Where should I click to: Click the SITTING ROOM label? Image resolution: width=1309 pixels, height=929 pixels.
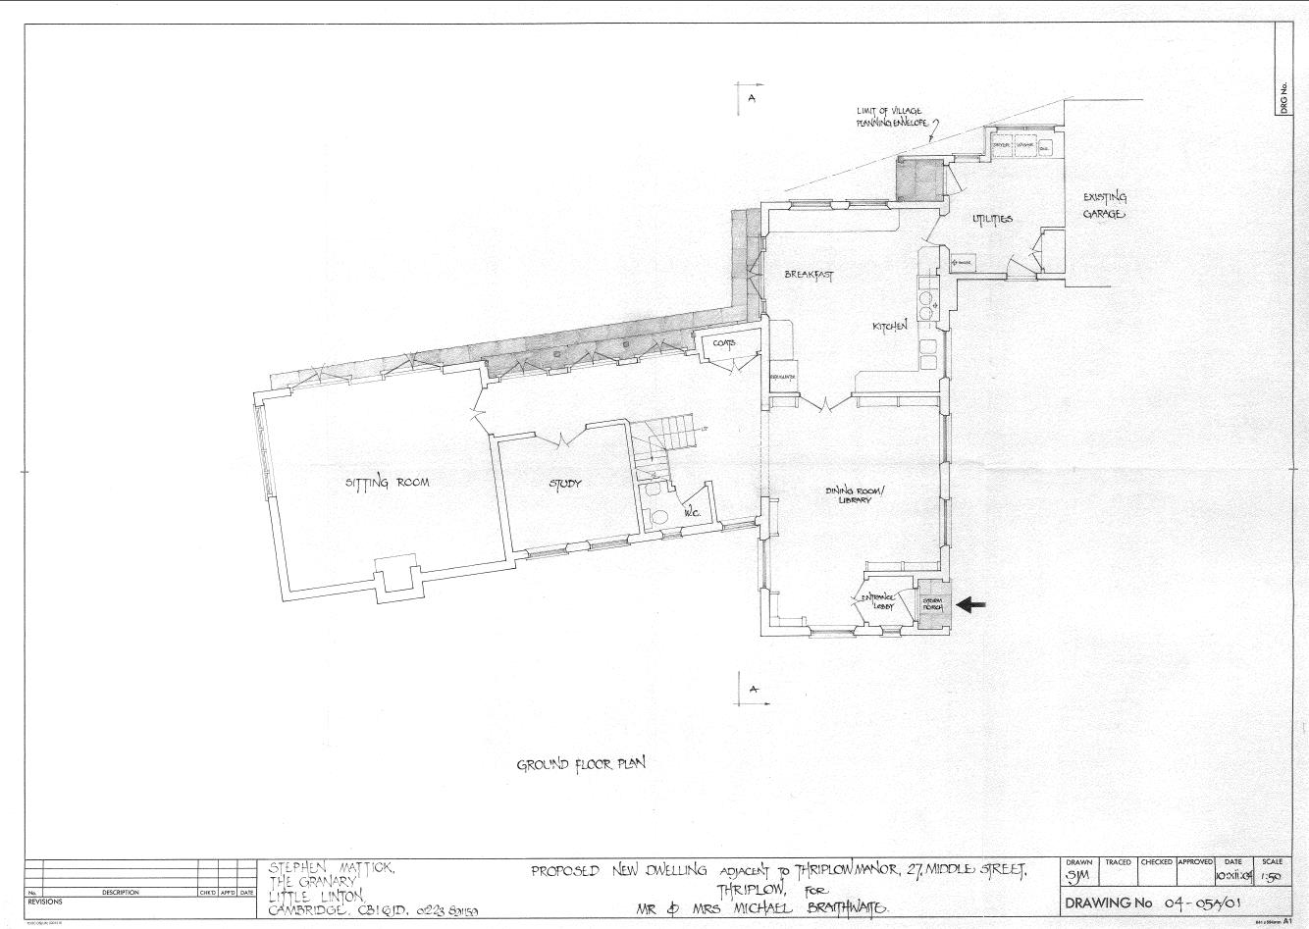pyautogui.click(x=387, y=482)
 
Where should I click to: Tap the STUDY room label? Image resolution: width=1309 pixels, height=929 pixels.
pyautogui.click(x=565, y=484)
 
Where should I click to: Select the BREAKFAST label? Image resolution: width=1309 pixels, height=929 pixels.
pyautogui.click(x=808, y=275)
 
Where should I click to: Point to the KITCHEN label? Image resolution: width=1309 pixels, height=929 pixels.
pyautogui.click(x=890, y=326)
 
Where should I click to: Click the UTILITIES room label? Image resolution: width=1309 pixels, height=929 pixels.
pyautogui.click(x=992, y=219)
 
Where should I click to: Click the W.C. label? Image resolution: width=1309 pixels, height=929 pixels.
pyautogui.click(x=691, y=510)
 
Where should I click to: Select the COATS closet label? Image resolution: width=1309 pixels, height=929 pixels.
pyautogui.click(x=724, y=343)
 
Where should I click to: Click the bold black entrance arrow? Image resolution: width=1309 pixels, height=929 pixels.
pyautogui.click(x=970, y=604)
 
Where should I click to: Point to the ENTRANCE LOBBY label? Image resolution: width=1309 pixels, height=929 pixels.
pyautogui.click(x=879, y=601)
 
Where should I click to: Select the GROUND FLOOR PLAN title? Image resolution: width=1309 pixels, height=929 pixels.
pyautogui.click(x=581, y=764)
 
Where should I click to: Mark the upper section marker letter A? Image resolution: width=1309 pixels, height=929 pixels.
pyautogui.click(x=751, y=99)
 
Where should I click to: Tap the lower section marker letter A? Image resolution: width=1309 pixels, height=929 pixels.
pyautogui.click(x=754, y=690)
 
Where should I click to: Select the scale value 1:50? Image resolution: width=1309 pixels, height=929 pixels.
pyautogui.click(x=1272, y=876)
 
